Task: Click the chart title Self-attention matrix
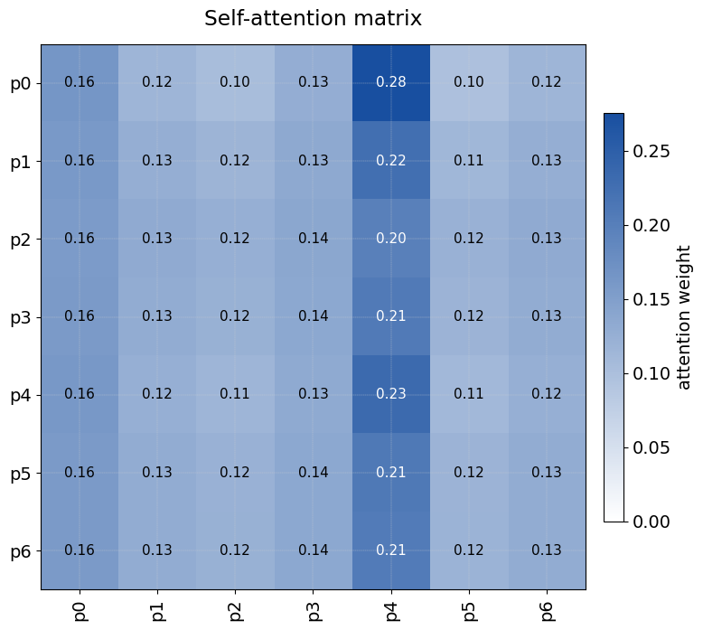[313, 18]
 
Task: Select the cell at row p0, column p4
[391, 82]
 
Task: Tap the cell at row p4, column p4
[391, 394]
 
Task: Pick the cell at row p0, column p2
[235, 82]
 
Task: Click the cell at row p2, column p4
[391, 239]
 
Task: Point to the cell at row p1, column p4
[391, 161]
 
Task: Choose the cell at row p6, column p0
[80, 550]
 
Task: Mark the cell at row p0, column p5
[469, 82]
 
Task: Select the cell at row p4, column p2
[235, 394]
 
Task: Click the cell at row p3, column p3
[314, 316]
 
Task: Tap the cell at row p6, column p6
[547, 550]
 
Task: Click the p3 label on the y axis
[21, 317]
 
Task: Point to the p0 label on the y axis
[21, 83]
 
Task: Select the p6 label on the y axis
[21, 550]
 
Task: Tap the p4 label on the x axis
[391, 608]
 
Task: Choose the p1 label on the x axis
[157, 608]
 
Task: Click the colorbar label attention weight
[684, 317]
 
